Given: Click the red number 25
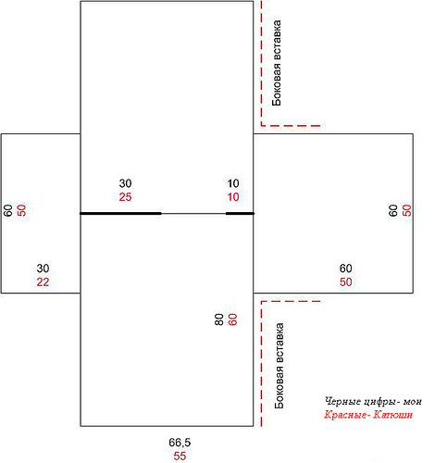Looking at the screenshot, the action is [125, 197].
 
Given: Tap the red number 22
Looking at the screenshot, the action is [43, 282].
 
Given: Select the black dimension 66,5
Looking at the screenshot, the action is [180, 443].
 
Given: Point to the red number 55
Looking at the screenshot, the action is [180, 456].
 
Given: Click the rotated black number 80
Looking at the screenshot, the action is [218, 319].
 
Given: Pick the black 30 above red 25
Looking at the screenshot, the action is [125, 183].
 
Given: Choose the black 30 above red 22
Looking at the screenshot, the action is [43, 269].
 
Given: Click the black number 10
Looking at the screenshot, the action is [233, 183].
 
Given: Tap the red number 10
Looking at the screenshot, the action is [233, 197].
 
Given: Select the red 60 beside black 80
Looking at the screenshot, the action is [232, 319].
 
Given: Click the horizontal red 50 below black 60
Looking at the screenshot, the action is [345, 282].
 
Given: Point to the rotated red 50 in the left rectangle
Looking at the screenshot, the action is [21, 210].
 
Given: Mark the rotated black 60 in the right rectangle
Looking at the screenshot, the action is [393, 210].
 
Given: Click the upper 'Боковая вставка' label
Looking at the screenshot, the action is [277, 63].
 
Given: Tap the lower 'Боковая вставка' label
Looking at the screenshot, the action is [279, 366].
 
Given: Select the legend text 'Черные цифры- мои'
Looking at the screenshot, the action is [373, 401].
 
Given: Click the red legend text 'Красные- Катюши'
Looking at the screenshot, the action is [368, 415].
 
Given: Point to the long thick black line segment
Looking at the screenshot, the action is [120, 213].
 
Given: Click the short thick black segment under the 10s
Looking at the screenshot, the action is [240, 213].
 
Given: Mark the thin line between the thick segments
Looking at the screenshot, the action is [193, 213].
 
